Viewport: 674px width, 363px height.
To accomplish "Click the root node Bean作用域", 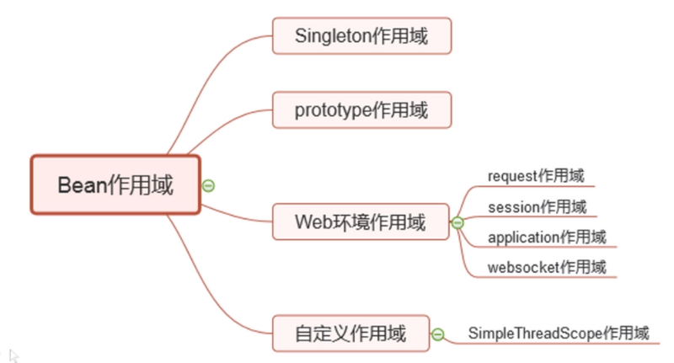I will pos(116,184).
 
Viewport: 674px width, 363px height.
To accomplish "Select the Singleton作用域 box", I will pos(361,36).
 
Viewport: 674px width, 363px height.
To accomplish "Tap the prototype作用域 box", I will pos(361,110).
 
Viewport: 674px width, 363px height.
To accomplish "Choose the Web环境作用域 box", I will pos(361,222).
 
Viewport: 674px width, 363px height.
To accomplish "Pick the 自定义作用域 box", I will pos(350,334).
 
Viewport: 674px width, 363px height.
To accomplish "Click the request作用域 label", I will pos(535,175).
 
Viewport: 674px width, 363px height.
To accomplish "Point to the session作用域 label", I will pos(537,206).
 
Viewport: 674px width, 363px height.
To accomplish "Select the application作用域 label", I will pos(546,237).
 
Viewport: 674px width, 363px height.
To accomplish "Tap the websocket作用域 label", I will pos(546,267).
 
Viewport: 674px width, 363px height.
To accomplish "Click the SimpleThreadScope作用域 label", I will pos(559,333).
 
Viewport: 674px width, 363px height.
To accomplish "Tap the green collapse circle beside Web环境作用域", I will pos(457,223).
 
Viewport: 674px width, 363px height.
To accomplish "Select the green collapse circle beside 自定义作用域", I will pos(437,334).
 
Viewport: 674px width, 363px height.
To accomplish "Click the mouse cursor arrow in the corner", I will pos(14,355).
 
